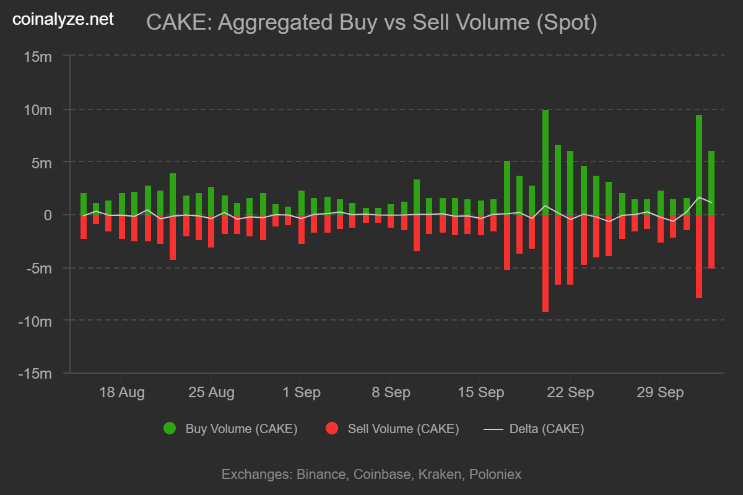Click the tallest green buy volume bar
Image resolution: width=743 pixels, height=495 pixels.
[x=545, y=162]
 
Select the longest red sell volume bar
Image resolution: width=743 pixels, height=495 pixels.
[x=545, y=263]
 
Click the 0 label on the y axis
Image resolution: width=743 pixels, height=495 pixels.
[x=48, y=215]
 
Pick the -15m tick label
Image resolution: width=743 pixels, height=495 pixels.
[x=37, y=374]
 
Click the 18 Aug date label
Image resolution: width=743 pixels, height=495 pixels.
[x=122, y=392]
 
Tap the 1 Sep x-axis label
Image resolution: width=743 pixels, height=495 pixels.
[x=301, y=392]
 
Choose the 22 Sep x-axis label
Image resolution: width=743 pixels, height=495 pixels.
[x=571, y=392]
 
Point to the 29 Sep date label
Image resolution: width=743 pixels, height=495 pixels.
[x=661, y=392]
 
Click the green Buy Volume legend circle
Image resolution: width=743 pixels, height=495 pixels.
[x=170, y=428]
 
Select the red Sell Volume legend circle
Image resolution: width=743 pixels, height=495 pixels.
[x=332, y=428]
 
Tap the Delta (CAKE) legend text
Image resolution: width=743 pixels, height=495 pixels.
[x=546, y=429]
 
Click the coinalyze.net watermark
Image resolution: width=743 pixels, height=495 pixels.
[x=64, y=19]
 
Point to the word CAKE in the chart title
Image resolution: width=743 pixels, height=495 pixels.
[x=176, y=23]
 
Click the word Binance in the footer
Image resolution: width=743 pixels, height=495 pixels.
[x=321, y=475]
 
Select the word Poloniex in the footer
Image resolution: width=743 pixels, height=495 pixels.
[x=495, y=475]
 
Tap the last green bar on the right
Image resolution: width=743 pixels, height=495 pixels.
[x=711, y=183]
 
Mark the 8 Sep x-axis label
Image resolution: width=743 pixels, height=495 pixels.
[x=391, y=392]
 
